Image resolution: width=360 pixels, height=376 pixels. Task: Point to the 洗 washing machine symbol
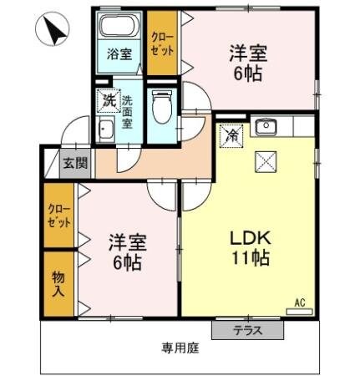click(x=109, y=100)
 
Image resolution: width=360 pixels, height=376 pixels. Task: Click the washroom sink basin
click(x=106, y=130)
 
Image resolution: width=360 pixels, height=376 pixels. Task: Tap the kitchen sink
click(x=267, y=127)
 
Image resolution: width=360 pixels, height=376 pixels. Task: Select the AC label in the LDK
click(x=299, y=302)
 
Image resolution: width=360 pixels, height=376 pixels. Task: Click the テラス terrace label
click(x=247, y=330)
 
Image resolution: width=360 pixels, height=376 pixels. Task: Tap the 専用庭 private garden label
click(x=180, y=348)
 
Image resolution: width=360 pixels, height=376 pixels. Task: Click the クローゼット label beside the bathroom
click(x=161, y=42)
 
